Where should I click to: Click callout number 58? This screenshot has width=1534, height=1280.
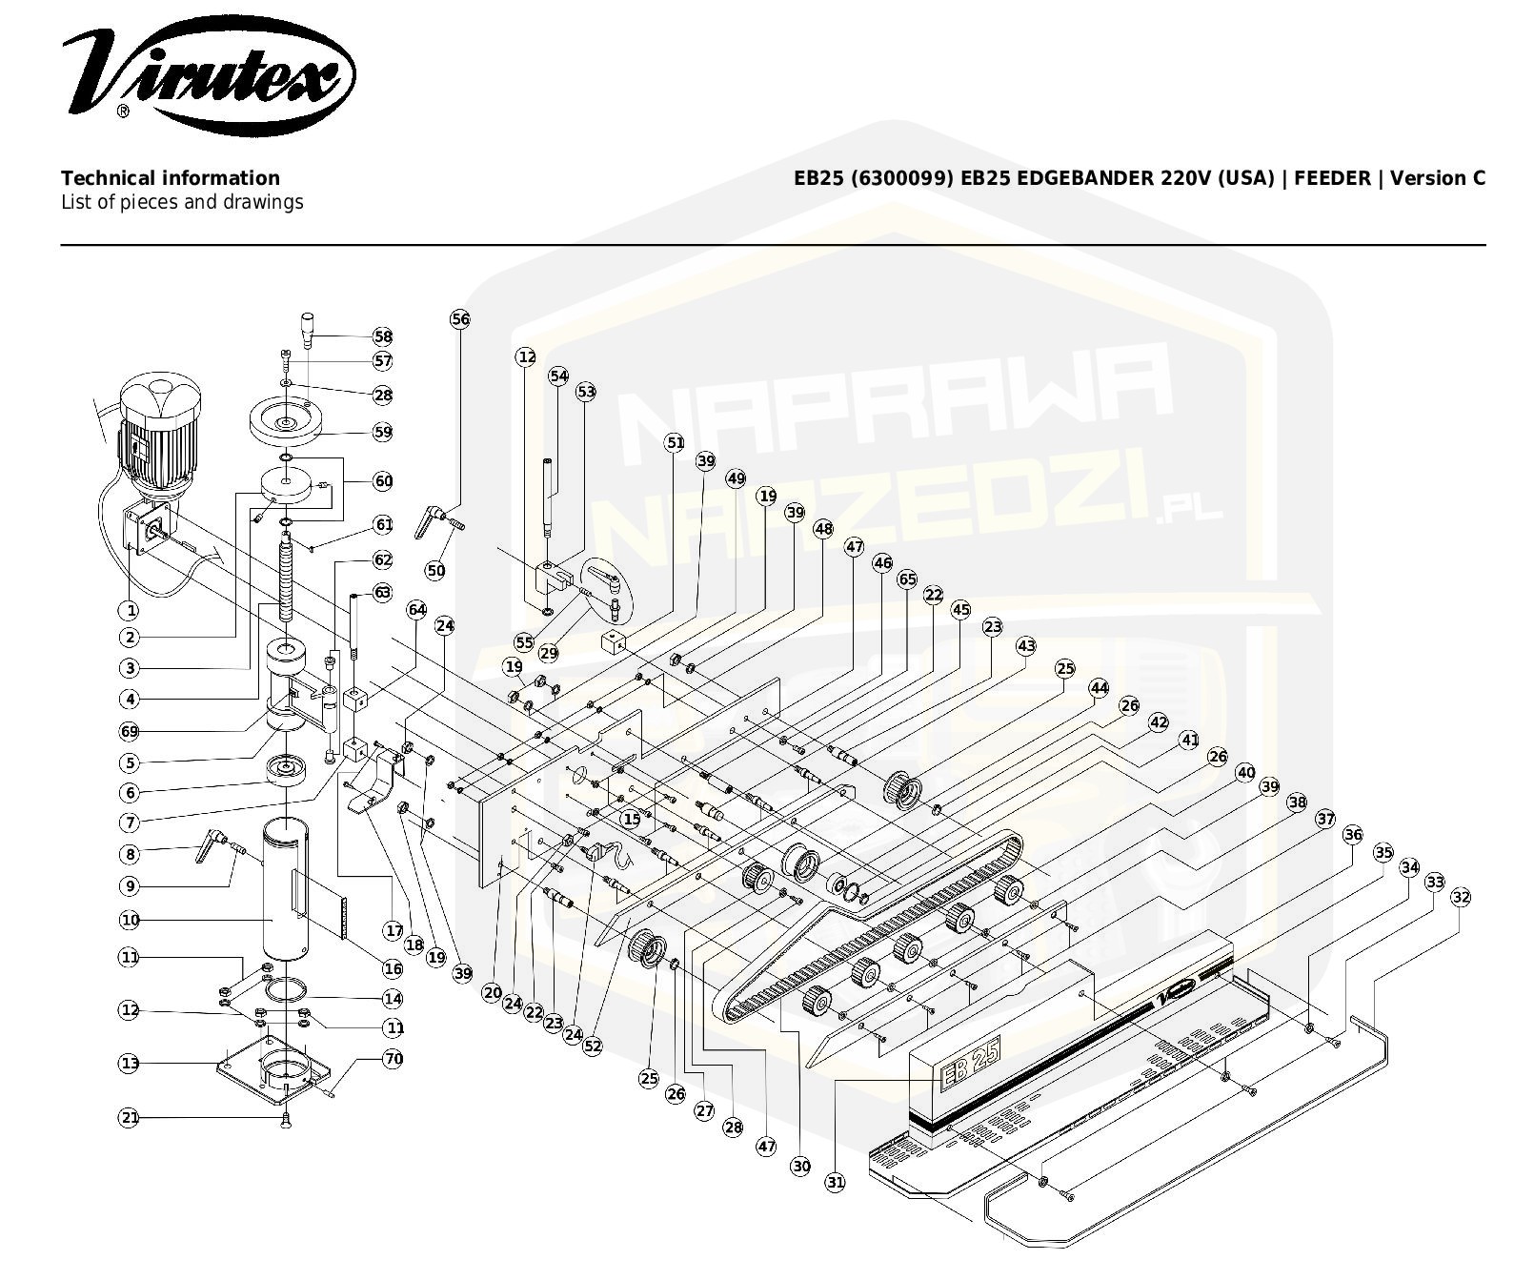[x=383, y=336]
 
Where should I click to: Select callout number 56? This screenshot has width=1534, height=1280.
[x=460, y=319]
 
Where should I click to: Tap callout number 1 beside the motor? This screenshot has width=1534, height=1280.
[x=130, y=611]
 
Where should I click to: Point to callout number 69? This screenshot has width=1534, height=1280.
[x=130, y=731]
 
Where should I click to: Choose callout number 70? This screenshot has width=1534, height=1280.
[x=393, y=1058]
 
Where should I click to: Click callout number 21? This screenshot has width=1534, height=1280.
[x=130, y=1117]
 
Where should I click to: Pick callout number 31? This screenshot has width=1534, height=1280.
[x=835, y=1182]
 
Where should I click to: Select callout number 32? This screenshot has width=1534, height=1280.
[x=1461, y=897]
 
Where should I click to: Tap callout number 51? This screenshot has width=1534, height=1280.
[x=675, y=442]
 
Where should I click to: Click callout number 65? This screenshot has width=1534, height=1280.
[x=907, y=579]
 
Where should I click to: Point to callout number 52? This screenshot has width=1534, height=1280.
[x=593, y=1046]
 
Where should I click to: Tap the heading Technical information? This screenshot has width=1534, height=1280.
[x=171, y=178]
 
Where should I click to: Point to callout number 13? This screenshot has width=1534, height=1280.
[x=130, y=1063]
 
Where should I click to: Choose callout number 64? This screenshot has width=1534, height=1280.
[x=416, y=609]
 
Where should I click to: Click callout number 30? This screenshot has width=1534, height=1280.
[x=800, y=1166]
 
